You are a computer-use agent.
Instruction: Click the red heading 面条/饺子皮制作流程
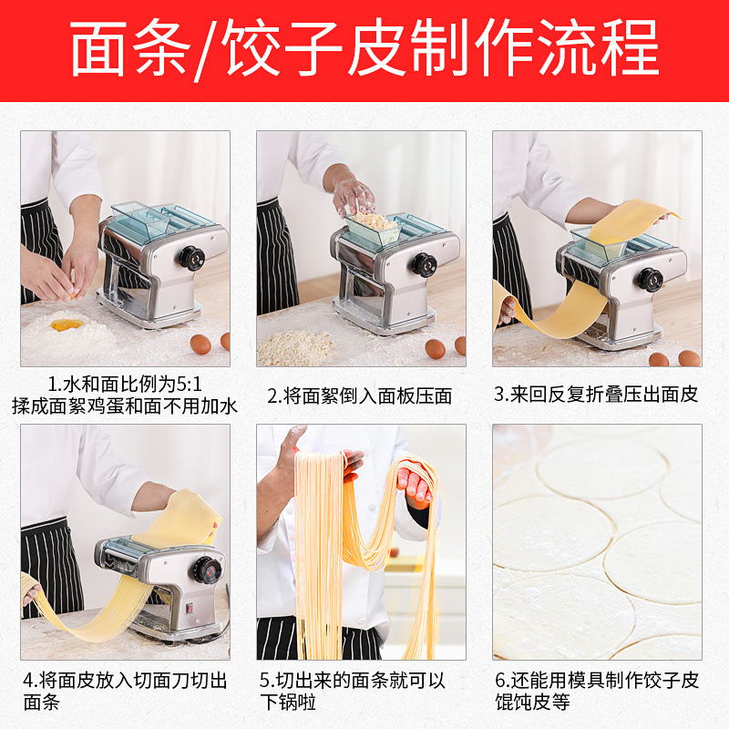tap(364, 48)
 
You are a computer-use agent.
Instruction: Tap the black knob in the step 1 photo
tap(192, 258)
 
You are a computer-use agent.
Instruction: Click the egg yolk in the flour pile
tap(67, 324)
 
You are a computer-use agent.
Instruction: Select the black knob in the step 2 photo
tap(424, 265)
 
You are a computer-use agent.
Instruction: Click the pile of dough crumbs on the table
tap(297, 348)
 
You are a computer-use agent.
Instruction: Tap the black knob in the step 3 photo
tap(650, 280)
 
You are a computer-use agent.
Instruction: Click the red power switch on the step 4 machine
tap(190, 608)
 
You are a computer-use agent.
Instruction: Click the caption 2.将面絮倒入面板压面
tap(360, 395)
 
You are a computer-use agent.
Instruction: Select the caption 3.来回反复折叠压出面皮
tap(597, 394)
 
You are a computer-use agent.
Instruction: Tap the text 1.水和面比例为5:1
tap(125, 385)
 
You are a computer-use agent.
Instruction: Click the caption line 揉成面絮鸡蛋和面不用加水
tap(125, 406)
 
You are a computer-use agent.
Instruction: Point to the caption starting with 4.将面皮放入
tap(125, 691)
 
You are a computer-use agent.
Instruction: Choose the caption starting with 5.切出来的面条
tap(352, 691)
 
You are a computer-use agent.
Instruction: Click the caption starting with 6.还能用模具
tap(597, 691)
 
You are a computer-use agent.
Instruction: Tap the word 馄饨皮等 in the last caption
tap(532, 702)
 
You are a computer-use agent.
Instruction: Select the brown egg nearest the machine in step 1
tap(200, 344)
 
